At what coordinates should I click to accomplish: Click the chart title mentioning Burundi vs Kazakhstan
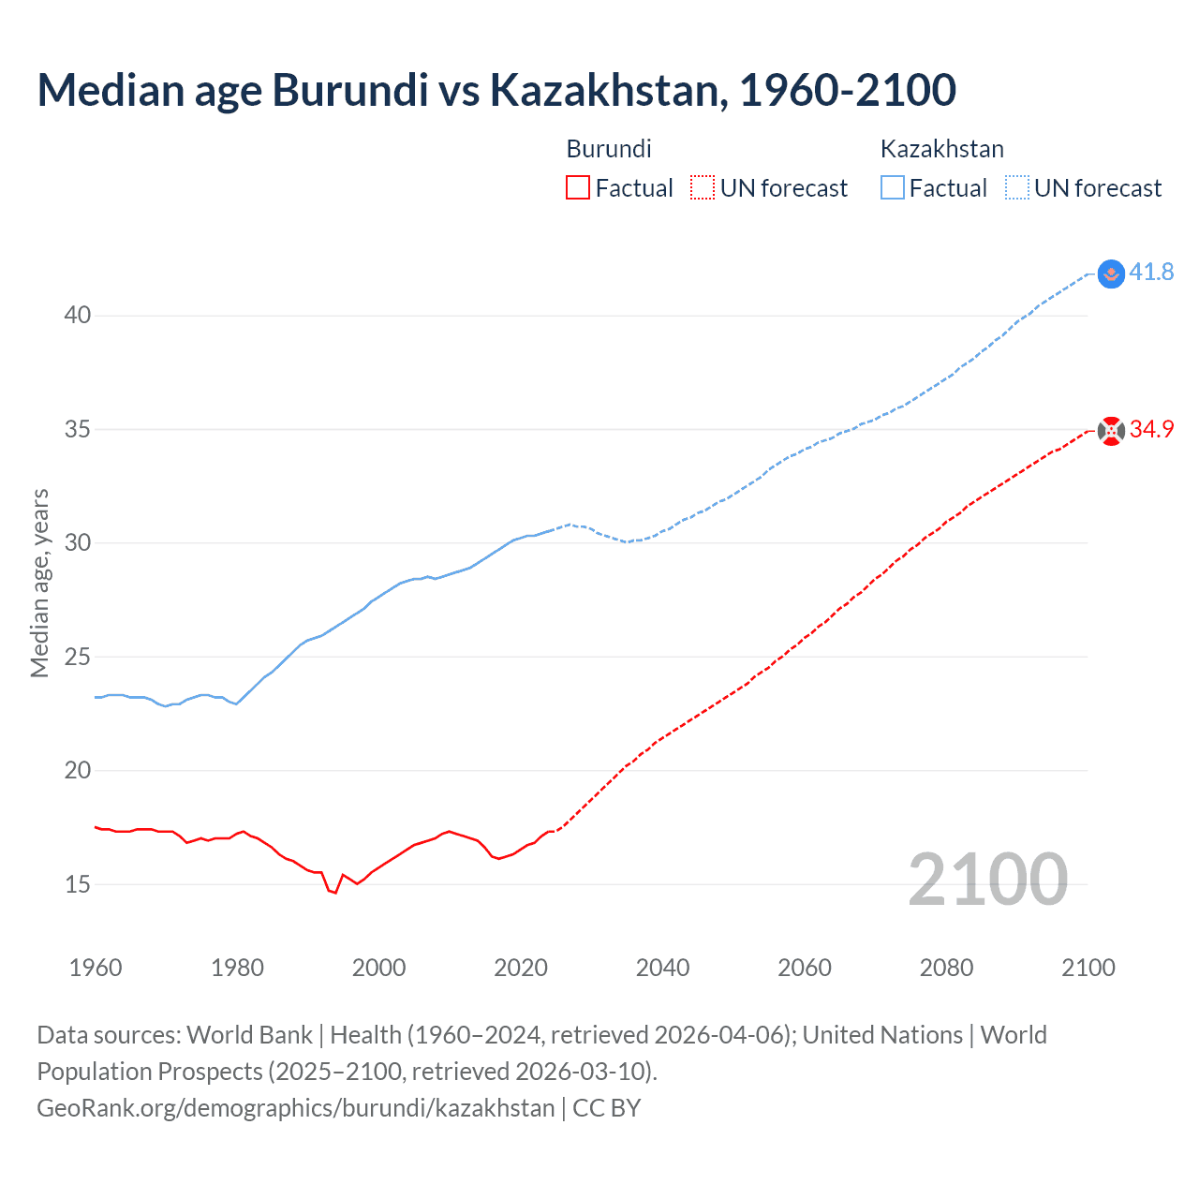(x=496, y=90)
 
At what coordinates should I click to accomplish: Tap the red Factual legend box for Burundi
(x=578, y=187)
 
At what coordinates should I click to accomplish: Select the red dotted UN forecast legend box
(x=702, y=187)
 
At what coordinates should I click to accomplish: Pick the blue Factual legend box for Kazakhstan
(x=893, y=187)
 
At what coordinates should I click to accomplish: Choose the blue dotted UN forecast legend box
(x=1017, y=187)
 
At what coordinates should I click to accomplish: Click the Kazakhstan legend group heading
(x=941, y=149)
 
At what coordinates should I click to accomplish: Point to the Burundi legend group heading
(x=609, y=149)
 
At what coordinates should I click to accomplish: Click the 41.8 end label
(x=1151, y=273)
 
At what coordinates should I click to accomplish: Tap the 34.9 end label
(x=1151, y=430)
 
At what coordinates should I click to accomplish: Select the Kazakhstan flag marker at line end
(x=1111, y=274)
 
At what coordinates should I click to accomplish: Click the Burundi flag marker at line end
(x=1111, y=431)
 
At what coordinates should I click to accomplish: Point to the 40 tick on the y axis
(x=78, y=316)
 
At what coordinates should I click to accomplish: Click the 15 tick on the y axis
(x=78, y=884)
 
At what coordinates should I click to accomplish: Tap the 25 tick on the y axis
(x=78, y=657)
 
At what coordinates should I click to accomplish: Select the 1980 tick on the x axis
(x=237, y=968)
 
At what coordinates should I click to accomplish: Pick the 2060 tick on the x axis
(x=805, y=968)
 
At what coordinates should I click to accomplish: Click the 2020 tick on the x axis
(x=521, y=968)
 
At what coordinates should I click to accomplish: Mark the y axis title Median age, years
(x=39, y=583)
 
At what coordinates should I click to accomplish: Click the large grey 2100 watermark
(x=988, y=879)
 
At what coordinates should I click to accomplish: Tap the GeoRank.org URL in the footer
(x=296, y=1108)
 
